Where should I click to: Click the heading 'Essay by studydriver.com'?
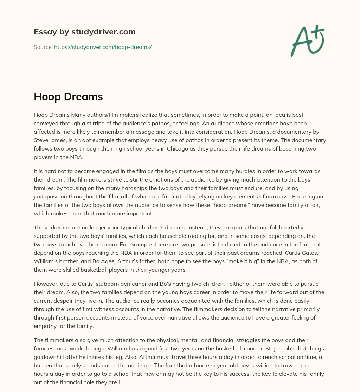84,32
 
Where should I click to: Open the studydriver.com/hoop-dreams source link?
103,47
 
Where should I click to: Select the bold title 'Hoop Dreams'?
68,97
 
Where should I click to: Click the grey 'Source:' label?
43,47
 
